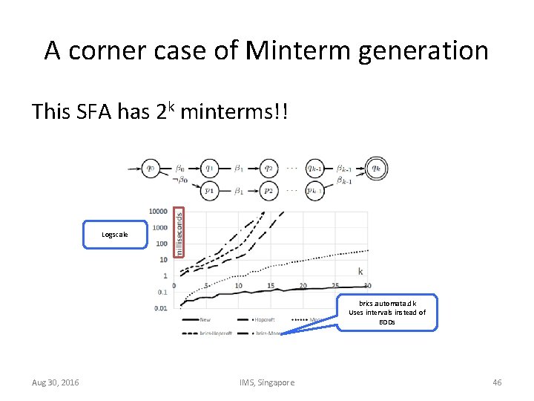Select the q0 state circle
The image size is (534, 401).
[x=151, y=168]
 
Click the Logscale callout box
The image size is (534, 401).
[x=115, y=235]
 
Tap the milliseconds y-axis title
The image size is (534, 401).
[x=179, y=232]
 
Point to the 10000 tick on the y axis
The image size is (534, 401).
[x=158, y=212]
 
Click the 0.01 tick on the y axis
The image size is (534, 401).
[x=161, y=307]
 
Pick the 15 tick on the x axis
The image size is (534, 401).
[x=271, y=286]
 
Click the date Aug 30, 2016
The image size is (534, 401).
[x=56, y=382]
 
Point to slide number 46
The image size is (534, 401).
[x=497, y=382]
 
